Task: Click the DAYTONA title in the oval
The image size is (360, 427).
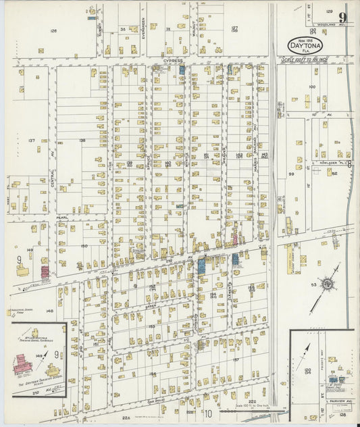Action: [x=305, y=46]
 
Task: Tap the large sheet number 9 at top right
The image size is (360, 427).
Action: [x=344, y=17]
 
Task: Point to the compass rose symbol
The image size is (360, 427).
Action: [x=327, y=284]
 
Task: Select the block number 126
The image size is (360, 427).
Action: [x=53, y=30]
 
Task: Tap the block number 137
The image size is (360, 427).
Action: [x=31, y=140]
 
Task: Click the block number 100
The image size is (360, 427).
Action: [x=311, y=86]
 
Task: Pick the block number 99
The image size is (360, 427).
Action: [x=292, y=174]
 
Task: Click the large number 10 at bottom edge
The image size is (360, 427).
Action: [x=209, y=413]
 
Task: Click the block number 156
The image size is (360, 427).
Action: [x=153, y=374]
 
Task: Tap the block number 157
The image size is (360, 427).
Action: [x=236, y=359]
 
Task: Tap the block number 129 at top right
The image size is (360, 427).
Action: [x=330, y=11]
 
